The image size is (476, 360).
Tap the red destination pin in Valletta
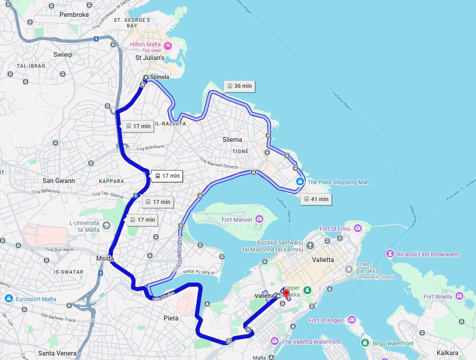click(286, 294)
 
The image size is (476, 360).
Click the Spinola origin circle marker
click(146, 77)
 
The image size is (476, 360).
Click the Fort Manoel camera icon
click(259, 219)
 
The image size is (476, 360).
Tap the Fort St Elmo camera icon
click(357, 229)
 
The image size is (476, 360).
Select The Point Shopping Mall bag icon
click(300, 182)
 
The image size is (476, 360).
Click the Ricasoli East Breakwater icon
click(390, 254)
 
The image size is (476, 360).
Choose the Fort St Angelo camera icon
click(352, 320)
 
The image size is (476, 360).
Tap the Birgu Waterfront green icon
click(365, 343)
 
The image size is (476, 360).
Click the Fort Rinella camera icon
click(459, 296)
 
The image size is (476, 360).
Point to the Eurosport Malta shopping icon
click(8, 299)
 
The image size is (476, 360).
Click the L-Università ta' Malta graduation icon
click(106, 225)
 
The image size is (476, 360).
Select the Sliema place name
click(232, 140)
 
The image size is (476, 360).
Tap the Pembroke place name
click(74, 15)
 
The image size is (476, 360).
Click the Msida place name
click(105, 258)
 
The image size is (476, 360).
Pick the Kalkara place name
click(447, 352)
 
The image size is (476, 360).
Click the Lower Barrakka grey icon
click(349, 269)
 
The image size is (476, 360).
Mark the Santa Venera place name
click(57, 353)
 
